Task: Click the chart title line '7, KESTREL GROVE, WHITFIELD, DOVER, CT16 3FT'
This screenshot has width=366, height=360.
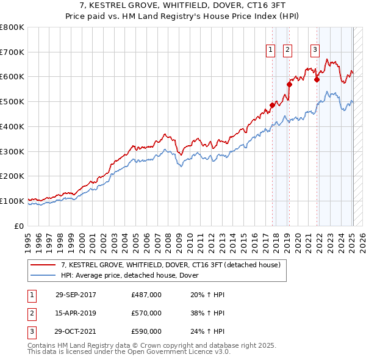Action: click(182, 6)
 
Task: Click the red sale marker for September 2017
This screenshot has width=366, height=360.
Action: click(272, 105)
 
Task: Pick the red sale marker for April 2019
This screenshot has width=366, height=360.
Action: click(289, 84)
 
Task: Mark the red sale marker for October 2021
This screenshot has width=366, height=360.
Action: click(317, 79)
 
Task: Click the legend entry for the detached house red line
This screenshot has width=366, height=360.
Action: click(170, 265)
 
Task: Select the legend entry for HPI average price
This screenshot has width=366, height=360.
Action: click(134, 276)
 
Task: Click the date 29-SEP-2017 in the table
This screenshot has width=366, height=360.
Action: click(76, 295)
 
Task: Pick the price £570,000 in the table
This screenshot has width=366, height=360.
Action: click(146, 313)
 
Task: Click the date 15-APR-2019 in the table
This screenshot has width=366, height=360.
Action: click(76, 313)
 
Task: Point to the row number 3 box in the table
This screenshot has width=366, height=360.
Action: click(30, 332)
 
